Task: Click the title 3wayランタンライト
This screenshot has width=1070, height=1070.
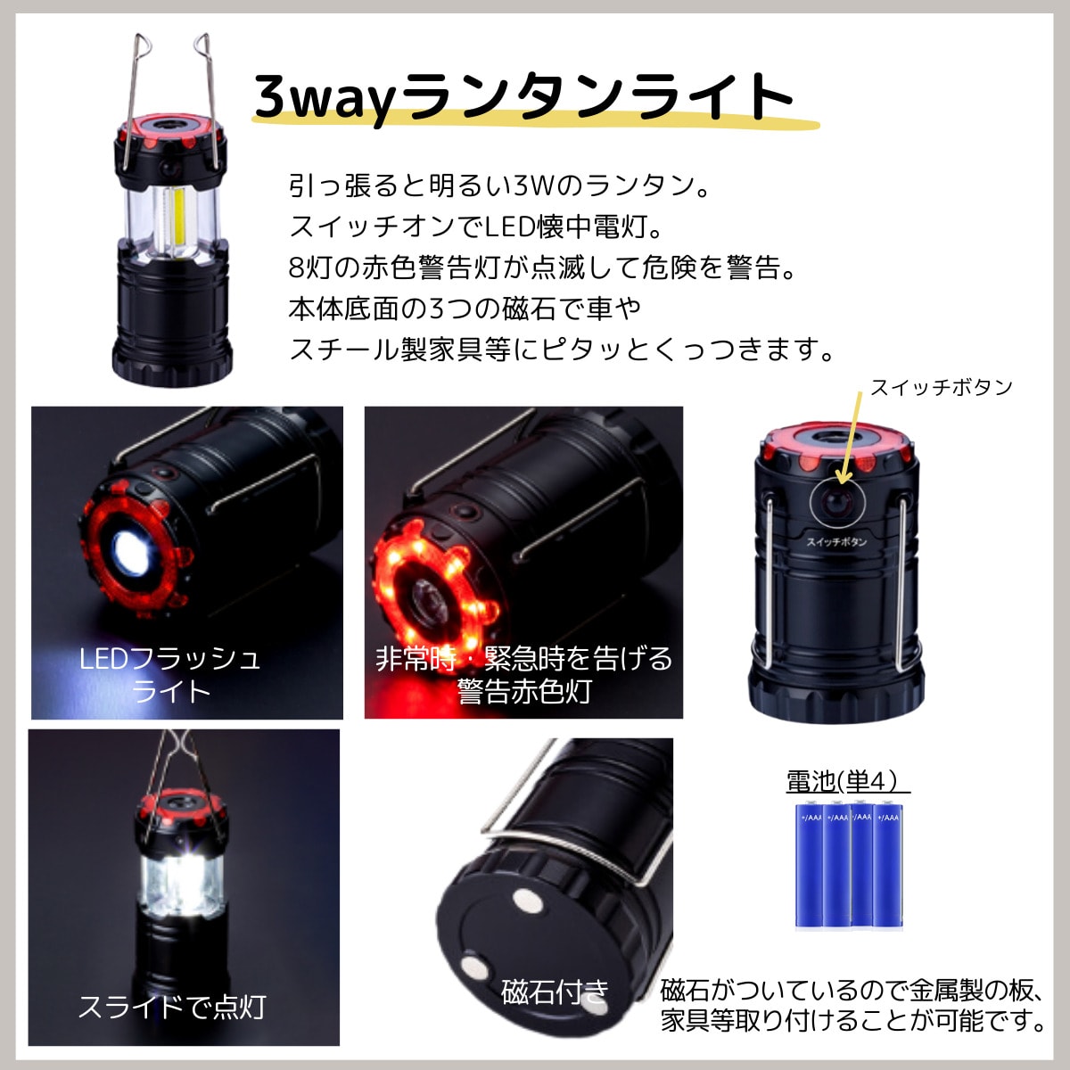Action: [523, 98]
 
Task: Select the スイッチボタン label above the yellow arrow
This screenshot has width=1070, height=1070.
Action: [942, 387]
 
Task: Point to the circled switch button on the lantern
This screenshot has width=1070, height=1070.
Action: [836, 504]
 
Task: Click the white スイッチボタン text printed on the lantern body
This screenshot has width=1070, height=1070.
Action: [836, 541]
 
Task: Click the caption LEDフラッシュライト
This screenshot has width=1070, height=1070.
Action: [170, 675]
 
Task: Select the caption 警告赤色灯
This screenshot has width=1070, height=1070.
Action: [523, 691]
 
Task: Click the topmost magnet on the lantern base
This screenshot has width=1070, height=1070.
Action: [528, 900]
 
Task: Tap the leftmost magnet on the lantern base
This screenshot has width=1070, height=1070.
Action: [473, 967]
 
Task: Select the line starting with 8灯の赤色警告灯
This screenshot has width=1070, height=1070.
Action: [542, 267]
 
